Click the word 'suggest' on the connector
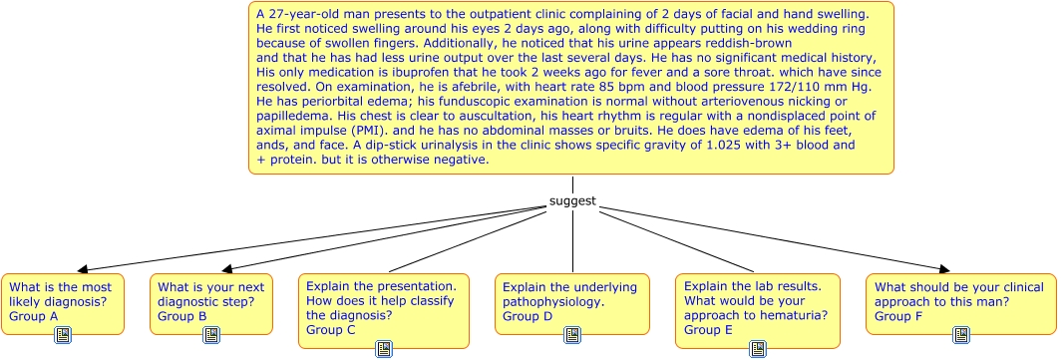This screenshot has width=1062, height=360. click(573, 201)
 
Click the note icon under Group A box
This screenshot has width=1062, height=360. click(63, 335)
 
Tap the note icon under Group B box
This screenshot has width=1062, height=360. click(211, 335)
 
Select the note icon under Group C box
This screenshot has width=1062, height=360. click(384, 349)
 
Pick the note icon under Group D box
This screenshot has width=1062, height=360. click(572, 335)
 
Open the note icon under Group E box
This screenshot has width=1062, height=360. click(758, 349)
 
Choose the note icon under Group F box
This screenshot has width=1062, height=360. click(961, 335)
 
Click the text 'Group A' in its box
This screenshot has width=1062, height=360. click(34, 316)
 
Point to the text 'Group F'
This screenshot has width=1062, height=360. click(898, 316)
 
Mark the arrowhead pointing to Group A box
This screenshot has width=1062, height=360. click(85, 269)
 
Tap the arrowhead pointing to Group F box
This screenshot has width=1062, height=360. click(944, 269)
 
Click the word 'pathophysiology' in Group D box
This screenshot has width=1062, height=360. click(552, 302)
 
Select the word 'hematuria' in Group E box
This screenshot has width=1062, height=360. click(800, 316)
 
